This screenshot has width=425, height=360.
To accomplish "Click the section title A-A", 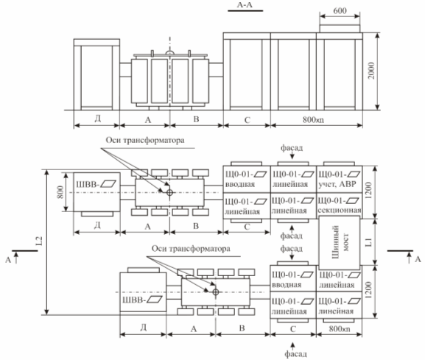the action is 245,5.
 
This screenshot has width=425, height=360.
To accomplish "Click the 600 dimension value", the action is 340,10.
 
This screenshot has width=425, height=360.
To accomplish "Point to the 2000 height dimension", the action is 371,71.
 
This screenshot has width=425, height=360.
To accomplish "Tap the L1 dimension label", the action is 368,242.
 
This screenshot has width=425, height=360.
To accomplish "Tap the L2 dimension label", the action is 39,241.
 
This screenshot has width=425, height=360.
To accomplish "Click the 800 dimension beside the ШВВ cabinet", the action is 60,192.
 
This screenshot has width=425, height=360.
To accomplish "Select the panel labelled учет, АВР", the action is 340,179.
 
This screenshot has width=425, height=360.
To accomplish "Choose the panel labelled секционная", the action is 340,205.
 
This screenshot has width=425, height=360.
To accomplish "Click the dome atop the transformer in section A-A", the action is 170,52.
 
